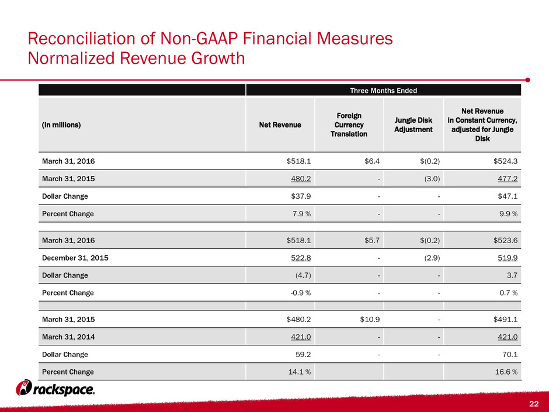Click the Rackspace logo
point(55,388)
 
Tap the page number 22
point(534,404)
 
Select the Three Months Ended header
point(383,91)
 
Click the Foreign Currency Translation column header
point(349,124)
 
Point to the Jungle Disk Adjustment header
point(413,124)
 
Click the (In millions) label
point(61,124)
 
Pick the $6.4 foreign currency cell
point(372,161)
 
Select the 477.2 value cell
point(508,179)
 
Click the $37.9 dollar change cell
point(301,196)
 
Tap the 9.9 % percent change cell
point(508,214)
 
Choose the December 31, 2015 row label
point(75,258)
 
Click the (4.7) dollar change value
point(303,275)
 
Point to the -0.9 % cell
point(301,293)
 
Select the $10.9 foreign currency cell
point(370,319)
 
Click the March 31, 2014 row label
point(68,337)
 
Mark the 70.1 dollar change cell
point(510,354)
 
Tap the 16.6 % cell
point(506,372)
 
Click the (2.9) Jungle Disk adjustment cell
point(432,258)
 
